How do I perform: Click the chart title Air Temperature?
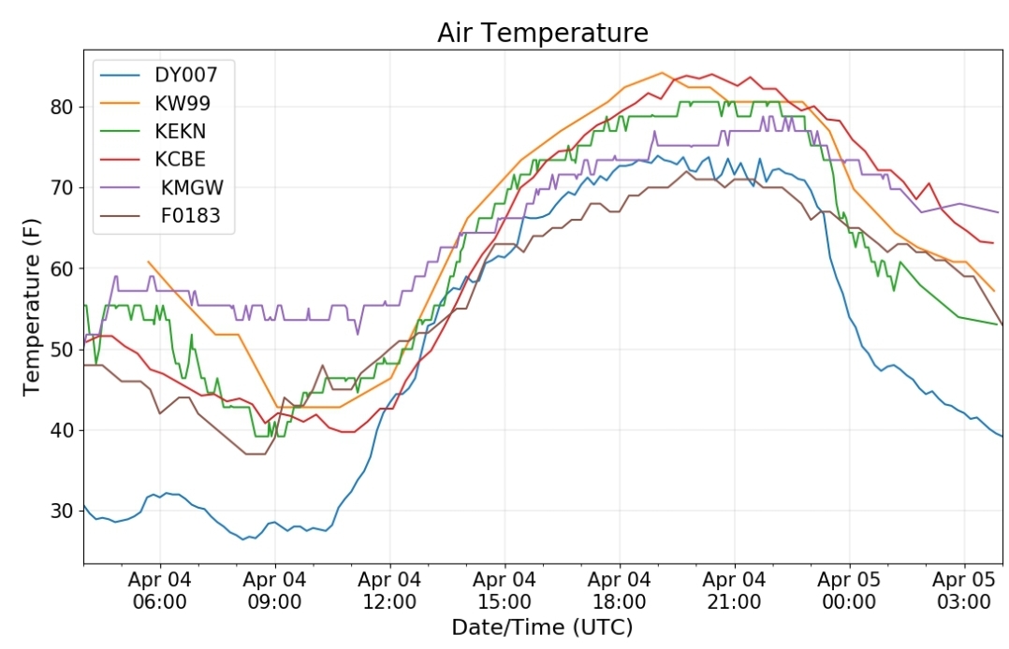(x=543, y=32)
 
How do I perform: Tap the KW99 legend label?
(x=183, y=103)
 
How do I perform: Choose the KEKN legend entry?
(x=180, y=131)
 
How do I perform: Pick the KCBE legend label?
(x=180, y=160)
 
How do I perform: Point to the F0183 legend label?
(x=191, y=215)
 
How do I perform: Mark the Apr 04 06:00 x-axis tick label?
(x=159, y=590)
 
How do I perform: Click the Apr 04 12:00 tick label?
(x=389, y=590)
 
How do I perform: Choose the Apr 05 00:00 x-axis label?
(x=849, y=590)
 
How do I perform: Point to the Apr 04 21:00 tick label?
(x=734, y=590)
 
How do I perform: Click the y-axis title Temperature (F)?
(x=32, y=308)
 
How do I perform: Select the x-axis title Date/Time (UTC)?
(x=543, y=627)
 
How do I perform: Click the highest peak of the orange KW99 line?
(x=662, y=73)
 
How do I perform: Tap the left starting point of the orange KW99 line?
(x=148, y=262)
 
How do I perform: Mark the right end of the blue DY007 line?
(x=1002, y=437)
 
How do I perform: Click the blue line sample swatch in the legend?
(x=120, y=75)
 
